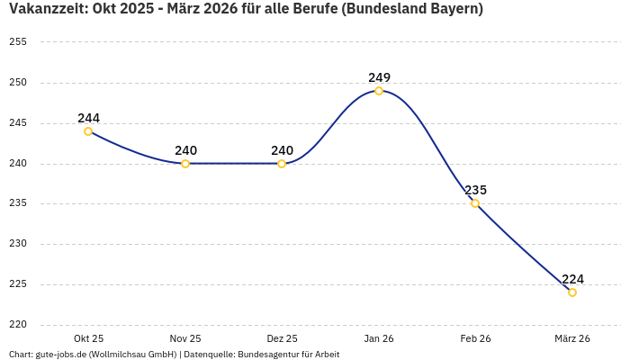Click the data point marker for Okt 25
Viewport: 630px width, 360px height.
[x=88, y=131]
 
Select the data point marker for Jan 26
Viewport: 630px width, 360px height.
[x=379, y=91]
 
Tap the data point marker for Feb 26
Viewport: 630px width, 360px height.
[x=475, y=203]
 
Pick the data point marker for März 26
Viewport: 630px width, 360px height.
[x=572, y=292]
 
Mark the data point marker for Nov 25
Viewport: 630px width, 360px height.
[x=185, y=164]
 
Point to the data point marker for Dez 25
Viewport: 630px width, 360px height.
[x=282, y=164]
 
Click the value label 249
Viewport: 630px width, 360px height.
[x=379, y=77]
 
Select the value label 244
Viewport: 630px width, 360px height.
[x=88, y=118]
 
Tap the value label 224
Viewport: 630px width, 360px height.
[x=572, y=279]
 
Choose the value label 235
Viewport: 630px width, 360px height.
[x=475, y=190]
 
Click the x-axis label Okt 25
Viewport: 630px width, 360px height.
[x=88, y=338]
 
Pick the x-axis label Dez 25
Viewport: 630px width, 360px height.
[x=282, y=338]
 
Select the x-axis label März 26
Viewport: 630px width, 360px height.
[x=572, y=338]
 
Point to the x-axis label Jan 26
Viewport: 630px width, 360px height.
[x=379, y=338]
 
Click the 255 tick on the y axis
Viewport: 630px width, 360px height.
[x=18, y=42]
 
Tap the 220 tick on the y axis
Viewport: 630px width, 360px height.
[x=18, y=325]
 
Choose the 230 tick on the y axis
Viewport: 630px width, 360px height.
[x=18, y=244]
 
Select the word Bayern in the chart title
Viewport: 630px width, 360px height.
[x=453, y=9]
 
